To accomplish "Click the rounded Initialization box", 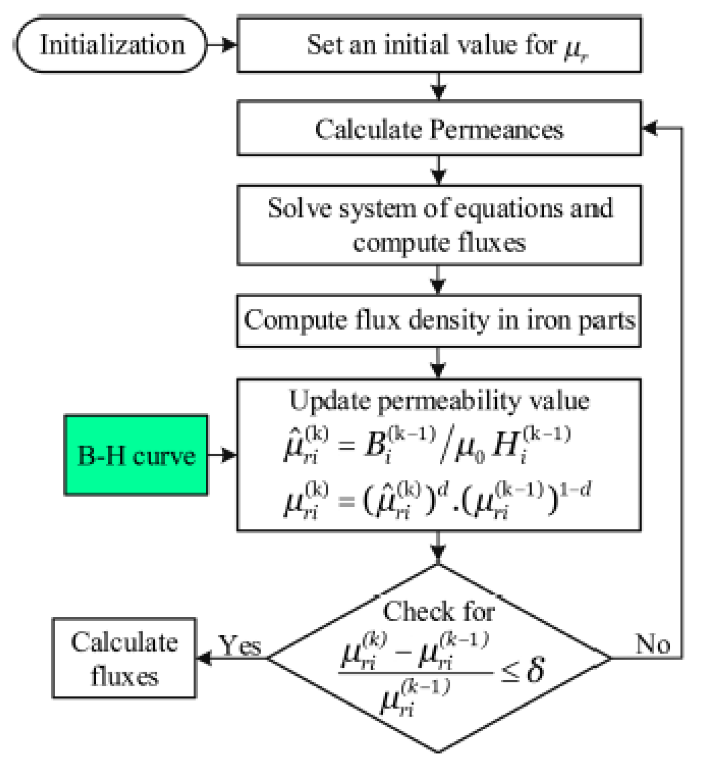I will coord(112,45).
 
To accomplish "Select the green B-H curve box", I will coord(136,455).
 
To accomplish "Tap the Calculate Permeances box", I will coord(439,128).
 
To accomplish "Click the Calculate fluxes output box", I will coord(124,657).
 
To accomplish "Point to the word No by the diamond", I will coord(652,643).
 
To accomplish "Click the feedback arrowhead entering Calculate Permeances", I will coord(650,128).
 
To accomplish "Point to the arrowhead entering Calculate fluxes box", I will coord(204,657).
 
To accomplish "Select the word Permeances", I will coord(497,129).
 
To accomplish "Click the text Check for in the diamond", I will coord(439,612).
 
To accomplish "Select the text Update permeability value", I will coord(439,401).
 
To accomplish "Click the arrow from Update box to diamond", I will coord(438,548).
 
